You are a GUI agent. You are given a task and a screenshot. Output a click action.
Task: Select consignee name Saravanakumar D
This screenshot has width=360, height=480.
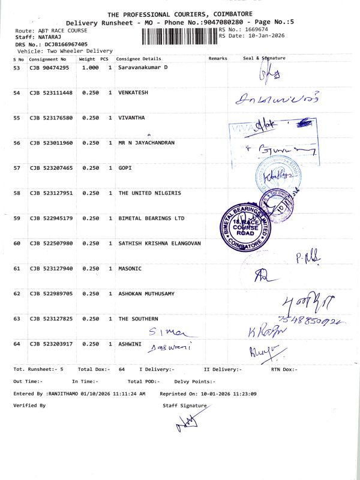pos(143,68)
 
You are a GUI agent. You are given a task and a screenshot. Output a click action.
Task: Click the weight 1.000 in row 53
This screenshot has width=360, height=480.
pos(90,68)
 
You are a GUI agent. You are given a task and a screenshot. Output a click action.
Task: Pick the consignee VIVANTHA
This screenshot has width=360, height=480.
pos(131,118)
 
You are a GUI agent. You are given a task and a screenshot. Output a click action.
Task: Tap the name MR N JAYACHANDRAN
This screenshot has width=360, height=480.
pos(146,143)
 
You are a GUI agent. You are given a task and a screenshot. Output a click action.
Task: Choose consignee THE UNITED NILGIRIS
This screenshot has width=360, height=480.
pos(149,193)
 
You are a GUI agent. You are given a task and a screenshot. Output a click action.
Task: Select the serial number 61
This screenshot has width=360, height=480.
pos(17,269)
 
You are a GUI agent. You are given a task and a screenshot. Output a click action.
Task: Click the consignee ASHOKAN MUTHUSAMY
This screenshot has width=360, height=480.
pos(146,294)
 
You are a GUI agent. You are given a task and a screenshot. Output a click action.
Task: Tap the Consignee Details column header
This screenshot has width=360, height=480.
pos(139,59)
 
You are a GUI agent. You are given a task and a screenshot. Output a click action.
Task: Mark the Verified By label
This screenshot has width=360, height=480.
pos(29,406)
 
